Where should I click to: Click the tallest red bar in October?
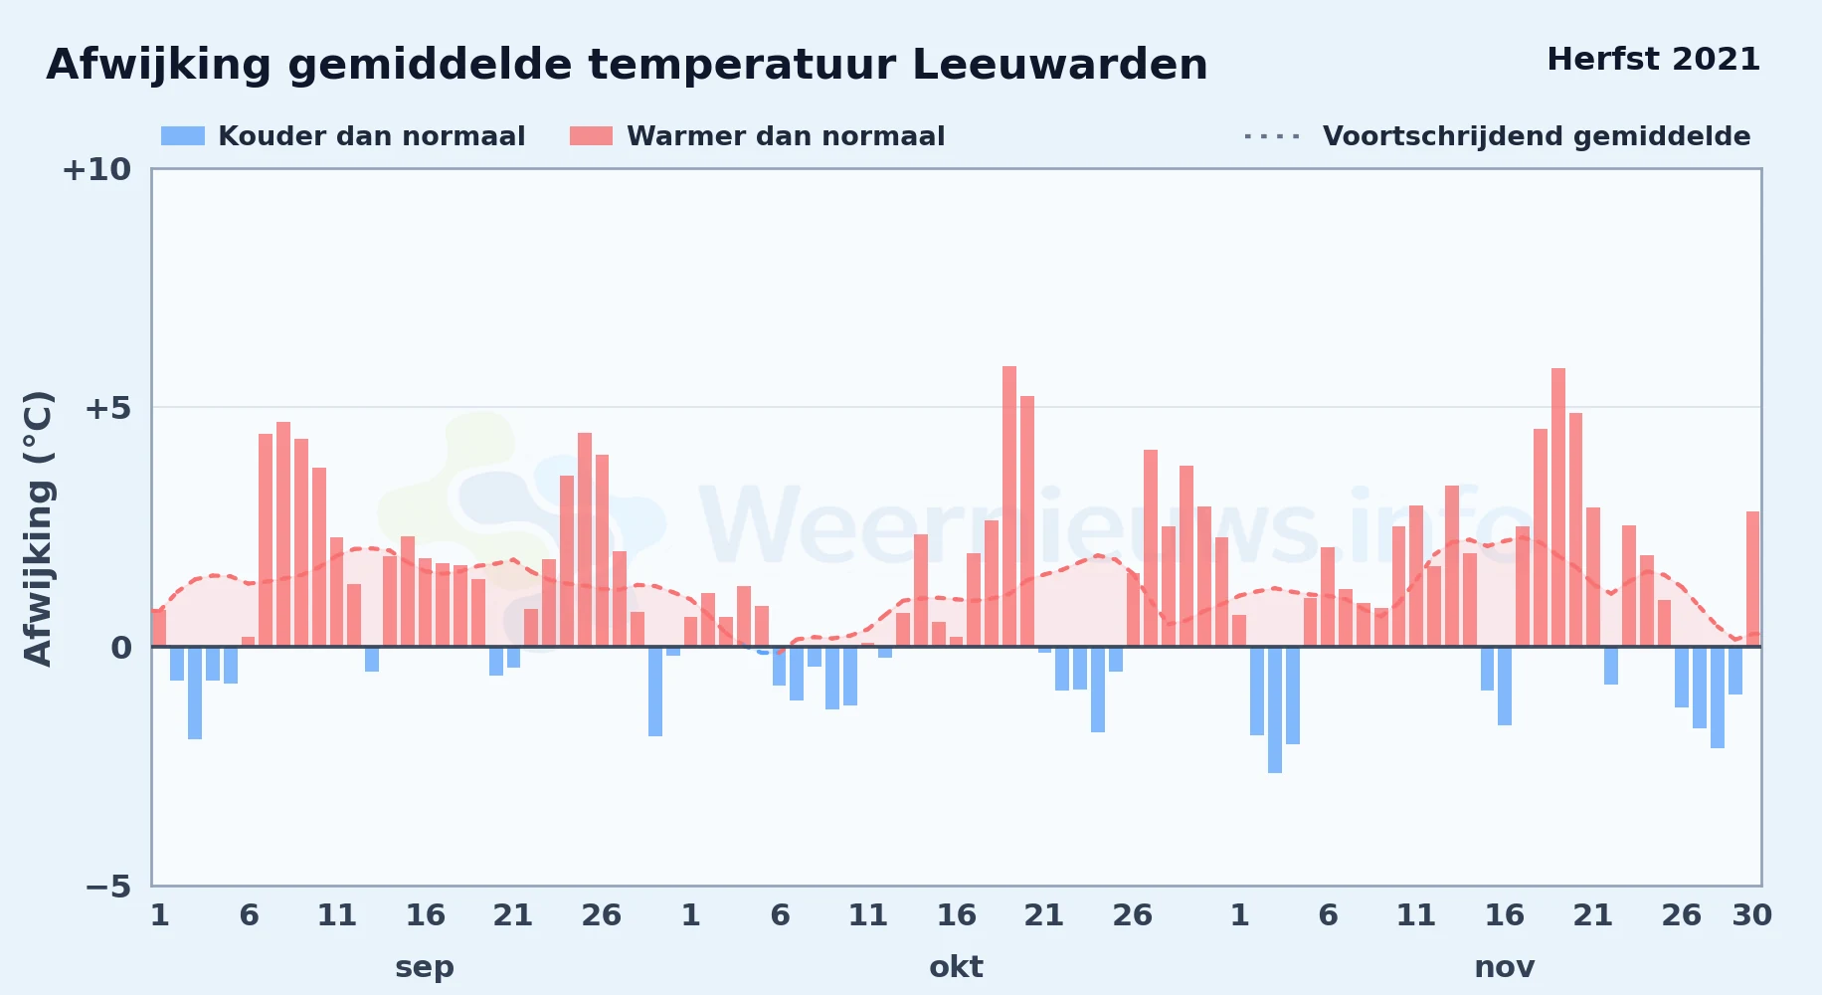1009,506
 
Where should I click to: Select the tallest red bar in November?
1558,507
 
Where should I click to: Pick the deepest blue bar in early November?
1275,709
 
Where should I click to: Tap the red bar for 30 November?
1752,579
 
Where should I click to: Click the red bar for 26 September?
603,550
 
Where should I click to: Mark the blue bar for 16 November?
1505,686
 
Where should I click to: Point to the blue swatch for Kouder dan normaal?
183,136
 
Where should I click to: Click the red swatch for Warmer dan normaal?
591,136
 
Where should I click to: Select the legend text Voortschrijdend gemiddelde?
1537,136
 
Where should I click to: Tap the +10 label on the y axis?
96,170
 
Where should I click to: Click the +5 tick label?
107,408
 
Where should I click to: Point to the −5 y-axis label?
107,887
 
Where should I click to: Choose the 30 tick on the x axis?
1751,915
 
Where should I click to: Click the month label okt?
956,967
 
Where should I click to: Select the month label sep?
425,968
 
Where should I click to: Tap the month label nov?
1504,968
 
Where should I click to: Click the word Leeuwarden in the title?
1059,65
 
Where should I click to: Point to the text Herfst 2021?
1653,60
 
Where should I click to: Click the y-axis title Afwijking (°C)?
38,527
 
